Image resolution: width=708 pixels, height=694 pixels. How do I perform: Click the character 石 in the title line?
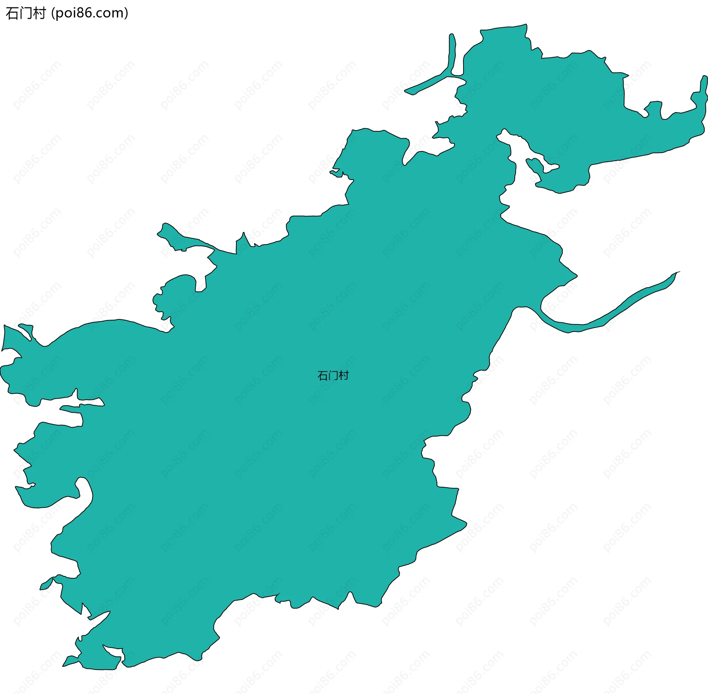click(12, 14)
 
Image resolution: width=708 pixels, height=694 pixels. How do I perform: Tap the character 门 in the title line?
click(26, 14)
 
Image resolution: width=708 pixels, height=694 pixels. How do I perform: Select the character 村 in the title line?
click(39, 14)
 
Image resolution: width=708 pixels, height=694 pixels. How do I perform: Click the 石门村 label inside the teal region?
click(333, 376)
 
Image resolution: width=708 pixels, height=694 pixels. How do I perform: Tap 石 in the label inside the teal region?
click(323, 376)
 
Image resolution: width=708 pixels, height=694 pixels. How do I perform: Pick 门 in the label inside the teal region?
click(333, 376)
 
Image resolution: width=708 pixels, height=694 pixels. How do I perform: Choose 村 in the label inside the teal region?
click(344, 376)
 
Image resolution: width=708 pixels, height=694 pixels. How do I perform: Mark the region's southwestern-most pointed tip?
click(64, 666)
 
